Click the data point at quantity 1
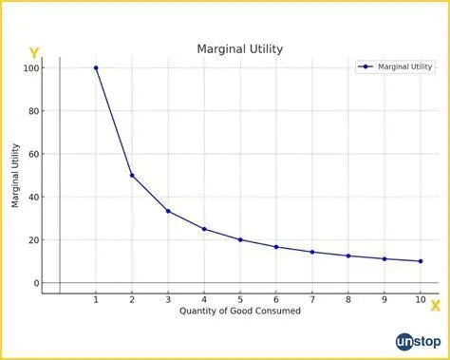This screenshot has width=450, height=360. tap(96, 67)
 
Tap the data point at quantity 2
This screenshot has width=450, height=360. tap(132, 176)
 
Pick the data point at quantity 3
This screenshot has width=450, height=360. tap(168, 211)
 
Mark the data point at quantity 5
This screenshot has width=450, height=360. tap(240, 239)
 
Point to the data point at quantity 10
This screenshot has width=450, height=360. tap(421, 261)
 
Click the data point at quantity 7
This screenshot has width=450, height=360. tap(312, 252)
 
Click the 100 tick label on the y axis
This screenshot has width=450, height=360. tap(31, 68)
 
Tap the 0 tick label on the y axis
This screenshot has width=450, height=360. tap(37, 283)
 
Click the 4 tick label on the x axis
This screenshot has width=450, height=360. tap(204, 300)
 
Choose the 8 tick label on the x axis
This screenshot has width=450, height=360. tap(348, 300)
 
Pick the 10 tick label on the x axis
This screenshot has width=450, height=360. tap(421, 300)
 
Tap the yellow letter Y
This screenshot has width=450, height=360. tap(34, 53)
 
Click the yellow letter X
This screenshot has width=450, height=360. tap(435, 306)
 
